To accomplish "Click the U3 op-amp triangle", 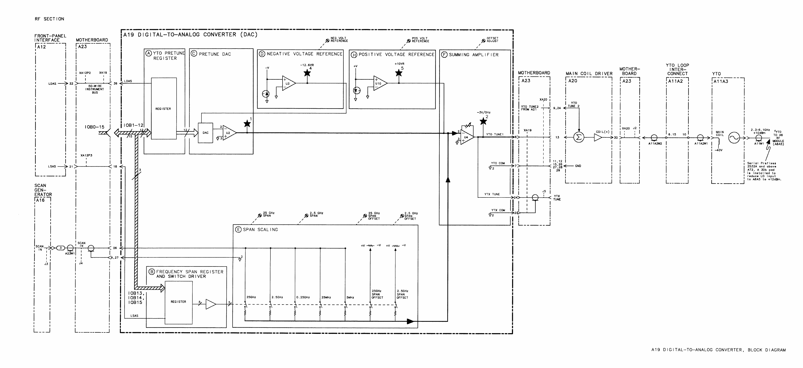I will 288,83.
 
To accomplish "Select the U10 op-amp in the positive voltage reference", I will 379,83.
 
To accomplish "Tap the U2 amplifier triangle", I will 228,133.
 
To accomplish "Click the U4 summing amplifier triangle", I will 466,137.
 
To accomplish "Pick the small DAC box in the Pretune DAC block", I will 205,133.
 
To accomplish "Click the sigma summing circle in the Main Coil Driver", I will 579,137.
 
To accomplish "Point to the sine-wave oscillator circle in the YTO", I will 734,137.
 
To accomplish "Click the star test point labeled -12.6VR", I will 307,73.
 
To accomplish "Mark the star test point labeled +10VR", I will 399,73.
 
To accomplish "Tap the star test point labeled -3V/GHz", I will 483,121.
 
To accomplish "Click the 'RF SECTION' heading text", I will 49,19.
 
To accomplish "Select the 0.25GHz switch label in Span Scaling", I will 303,297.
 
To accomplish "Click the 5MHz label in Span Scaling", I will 350,297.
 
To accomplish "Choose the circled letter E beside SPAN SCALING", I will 238,230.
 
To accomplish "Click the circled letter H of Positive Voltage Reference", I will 354,55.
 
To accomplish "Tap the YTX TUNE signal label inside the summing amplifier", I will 492,194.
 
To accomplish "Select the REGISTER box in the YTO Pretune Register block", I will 164,108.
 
